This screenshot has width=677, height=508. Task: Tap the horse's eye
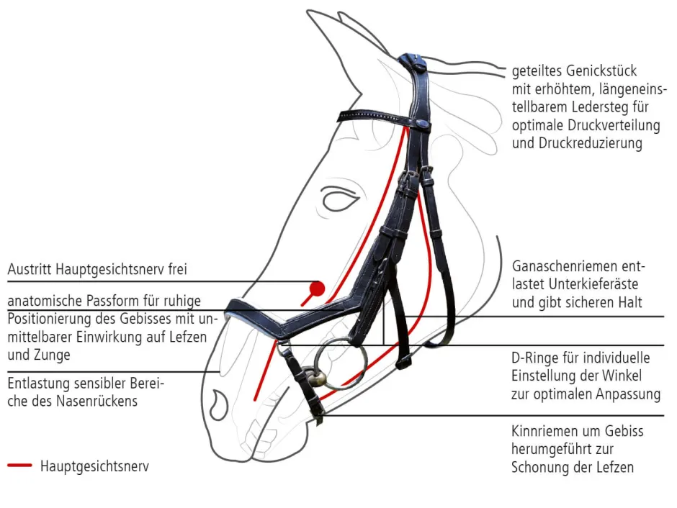[340, 199]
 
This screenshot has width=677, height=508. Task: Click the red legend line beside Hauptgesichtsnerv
[20, 466]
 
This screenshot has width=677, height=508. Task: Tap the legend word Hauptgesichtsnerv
[94, 466]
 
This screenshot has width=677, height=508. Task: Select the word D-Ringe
[534, 358]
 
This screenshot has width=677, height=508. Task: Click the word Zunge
[53, 355]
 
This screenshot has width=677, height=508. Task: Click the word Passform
[111, 301]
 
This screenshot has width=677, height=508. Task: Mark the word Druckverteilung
[614, 125]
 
